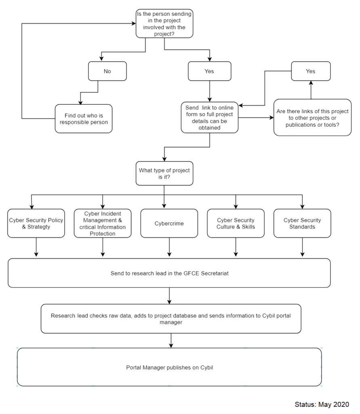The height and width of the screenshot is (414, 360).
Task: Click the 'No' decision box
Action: pos(107,71)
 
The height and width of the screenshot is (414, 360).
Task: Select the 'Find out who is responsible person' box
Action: pos(84,119)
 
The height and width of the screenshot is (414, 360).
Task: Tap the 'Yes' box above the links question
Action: pos(311,71)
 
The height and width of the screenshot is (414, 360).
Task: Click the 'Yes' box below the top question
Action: pos(210,71)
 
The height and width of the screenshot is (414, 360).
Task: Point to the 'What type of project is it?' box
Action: pos(164,173)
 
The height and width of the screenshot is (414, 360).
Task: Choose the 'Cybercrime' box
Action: pos(169,223)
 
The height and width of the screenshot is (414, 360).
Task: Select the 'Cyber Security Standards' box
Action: pos(302,223)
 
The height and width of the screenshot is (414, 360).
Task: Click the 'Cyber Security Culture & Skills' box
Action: pos(236,223)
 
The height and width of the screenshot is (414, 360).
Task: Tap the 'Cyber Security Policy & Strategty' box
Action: pos(36,223)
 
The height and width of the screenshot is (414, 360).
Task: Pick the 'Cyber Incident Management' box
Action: pos(103,223)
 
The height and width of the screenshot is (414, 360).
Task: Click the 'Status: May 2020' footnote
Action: pos(322,404)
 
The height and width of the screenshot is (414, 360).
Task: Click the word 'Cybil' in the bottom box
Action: pos(206,368)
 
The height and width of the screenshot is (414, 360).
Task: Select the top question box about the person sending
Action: pos(164,23)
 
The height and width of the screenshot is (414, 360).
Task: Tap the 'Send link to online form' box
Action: pos(210,118)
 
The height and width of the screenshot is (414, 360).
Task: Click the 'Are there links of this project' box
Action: pos(312,118)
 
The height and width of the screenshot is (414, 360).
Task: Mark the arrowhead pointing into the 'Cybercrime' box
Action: pos(164,206)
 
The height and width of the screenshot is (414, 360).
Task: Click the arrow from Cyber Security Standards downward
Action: pos(303,247)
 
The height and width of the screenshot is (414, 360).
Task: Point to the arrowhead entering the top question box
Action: pos(134,23)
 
